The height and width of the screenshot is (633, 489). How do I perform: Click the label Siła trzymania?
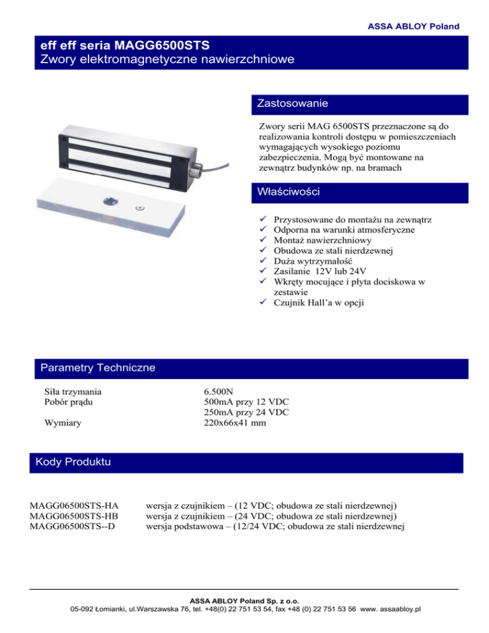[x=73, y=391]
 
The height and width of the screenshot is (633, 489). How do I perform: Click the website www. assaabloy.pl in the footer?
[x=391, y=609]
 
